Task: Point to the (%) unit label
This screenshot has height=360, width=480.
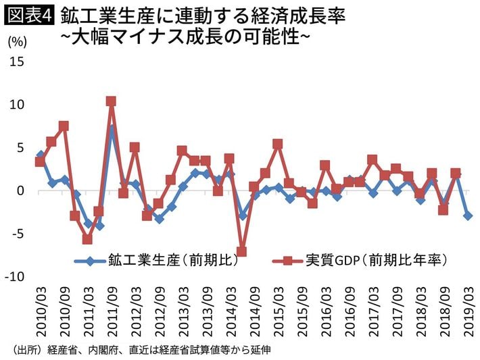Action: pyautogui.click(x=18, y=42)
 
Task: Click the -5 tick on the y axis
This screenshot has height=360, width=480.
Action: pyautogui.click(x=18, y=234)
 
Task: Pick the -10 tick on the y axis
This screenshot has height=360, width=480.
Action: pyautogui.click(x=16, y=277)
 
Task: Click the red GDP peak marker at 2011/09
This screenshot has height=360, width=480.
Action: pyautogui.click(x=111, y=101)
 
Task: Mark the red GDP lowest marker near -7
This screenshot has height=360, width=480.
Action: pyautogui.click(x=241, y=252)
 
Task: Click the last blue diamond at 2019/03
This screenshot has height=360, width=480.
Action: pyautogui.click(x=467, y=215)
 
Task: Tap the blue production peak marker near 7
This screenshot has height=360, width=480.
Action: pyautogui.click(x=112, y=129)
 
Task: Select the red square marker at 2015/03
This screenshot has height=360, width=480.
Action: pyautogui.click(x=277, y=144)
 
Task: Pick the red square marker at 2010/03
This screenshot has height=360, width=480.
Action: pyautogui.click(x=40, y=161)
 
